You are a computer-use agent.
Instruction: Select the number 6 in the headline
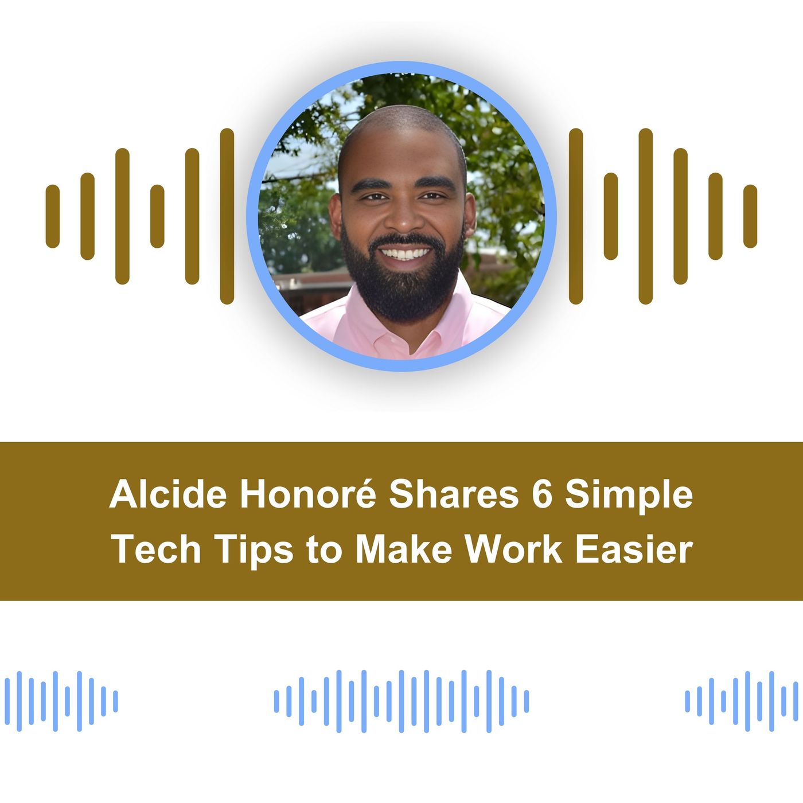541,494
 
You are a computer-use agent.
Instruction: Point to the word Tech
156,549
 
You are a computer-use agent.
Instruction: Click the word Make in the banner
404,549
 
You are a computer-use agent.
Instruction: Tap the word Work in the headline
513,549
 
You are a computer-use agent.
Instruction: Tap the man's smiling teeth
406,253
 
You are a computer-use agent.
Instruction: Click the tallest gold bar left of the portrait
227,216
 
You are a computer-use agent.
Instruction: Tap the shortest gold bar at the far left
53,216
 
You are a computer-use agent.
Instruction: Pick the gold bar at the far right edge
750,216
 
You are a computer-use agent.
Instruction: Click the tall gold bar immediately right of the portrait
576,216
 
